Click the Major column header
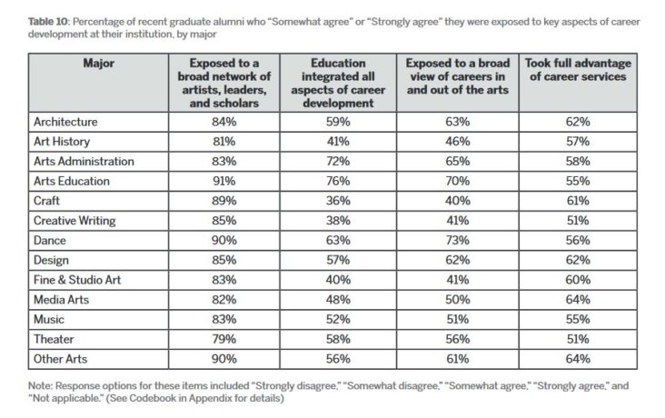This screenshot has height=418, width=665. (98, 64)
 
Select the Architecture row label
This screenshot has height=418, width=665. (65, 122)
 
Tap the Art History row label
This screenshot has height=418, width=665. (62, 142)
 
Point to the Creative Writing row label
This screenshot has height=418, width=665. (74, 221)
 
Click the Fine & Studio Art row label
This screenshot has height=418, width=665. (76, 280)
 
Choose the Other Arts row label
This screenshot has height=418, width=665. (60, 359)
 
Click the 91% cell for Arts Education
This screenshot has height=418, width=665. (223, 181)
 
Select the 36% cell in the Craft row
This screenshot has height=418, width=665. (338, 201)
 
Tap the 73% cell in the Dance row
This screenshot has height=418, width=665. (457, 241)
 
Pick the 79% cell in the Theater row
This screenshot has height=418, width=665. (223, 339)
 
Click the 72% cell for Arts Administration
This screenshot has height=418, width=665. (338, 161)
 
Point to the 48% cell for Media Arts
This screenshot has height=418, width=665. (338, 300)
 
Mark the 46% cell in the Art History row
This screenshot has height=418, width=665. (457, 142)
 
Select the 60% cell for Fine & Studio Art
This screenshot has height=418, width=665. (578, 280)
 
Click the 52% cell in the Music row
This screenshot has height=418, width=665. (338, 320)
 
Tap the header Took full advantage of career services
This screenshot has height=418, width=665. (578, 70)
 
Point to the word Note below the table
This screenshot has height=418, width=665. (39, 386)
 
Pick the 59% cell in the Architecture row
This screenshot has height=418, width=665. (338, 122)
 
